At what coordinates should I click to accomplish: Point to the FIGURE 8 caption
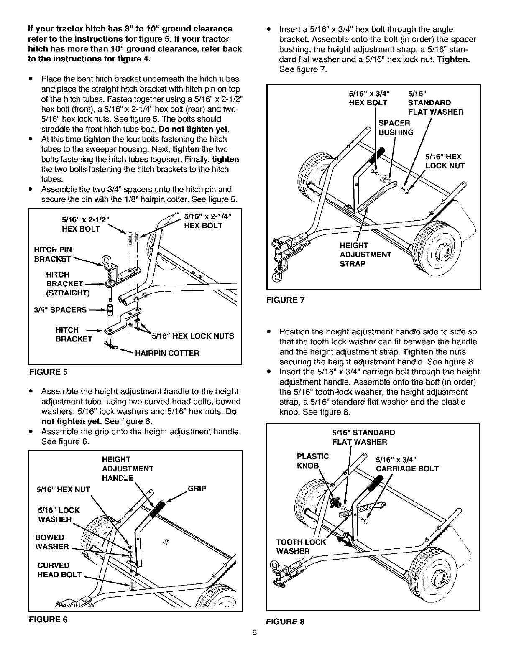[285, 621]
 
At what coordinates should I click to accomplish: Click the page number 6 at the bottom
[253, 644]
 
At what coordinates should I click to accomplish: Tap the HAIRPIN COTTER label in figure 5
[166, 353]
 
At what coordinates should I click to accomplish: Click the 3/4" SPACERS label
[60, 310]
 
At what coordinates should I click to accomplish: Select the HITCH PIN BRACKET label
[53, 255]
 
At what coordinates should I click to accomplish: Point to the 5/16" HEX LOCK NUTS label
[192, 336]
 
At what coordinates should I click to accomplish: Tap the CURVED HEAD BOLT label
[59, 570]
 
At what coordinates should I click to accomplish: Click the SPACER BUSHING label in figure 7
[396, 127]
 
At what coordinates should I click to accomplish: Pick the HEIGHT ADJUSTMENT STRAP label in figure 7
[365, 255]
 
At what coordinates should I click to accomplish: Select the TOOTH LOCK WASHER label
[300, 547]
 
